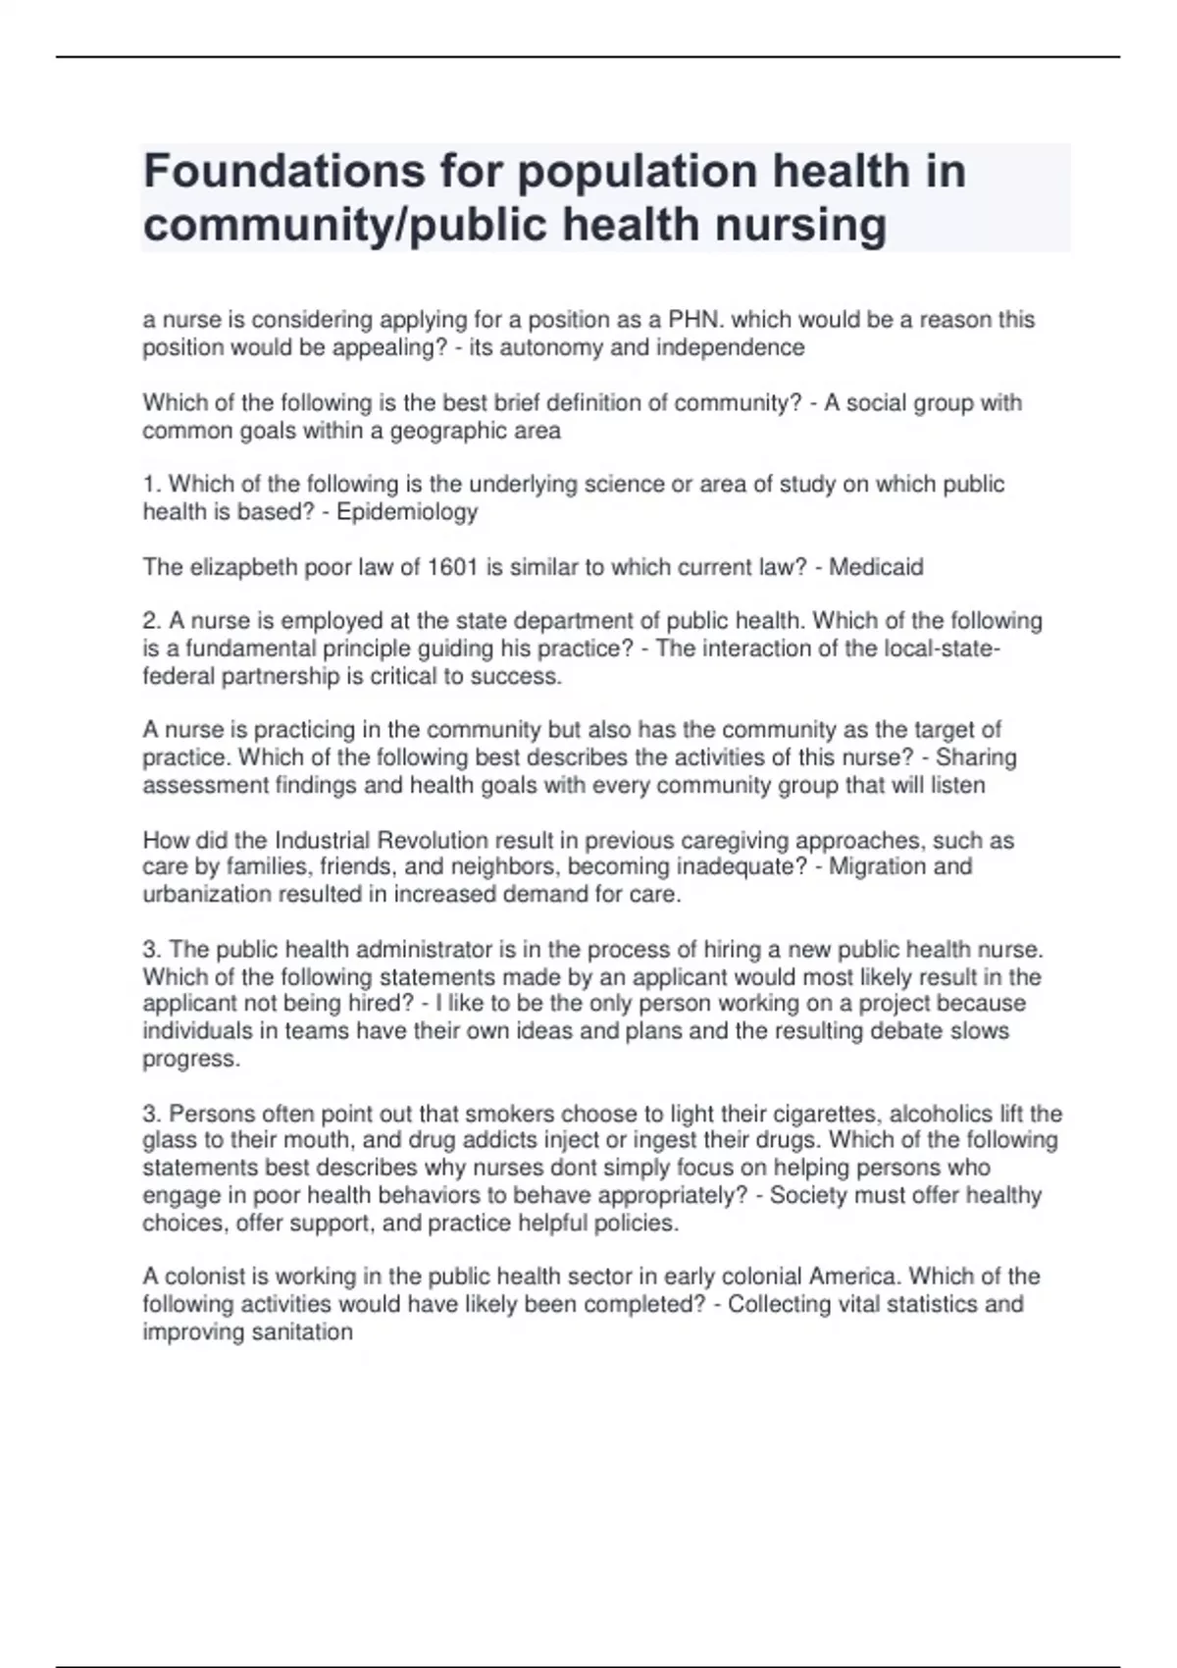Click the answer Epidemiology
pyautogui.click(x=407, y=511)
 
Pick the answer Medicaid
pyautogui.click(x=876, y=567)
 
